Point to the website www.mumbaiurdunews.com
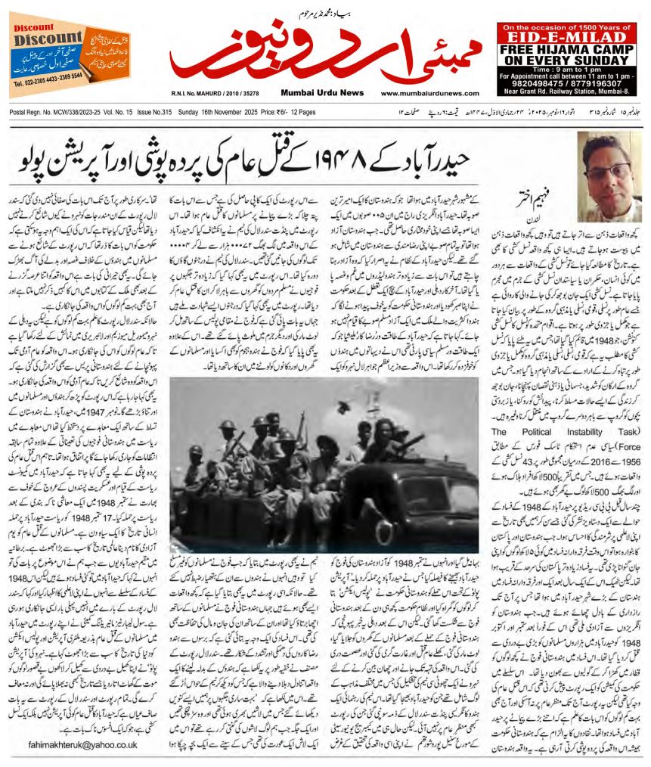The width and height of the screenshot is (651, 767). coord(429,94)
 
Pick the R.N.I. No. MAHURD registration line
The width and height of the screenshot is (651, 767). coord(215,94)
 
